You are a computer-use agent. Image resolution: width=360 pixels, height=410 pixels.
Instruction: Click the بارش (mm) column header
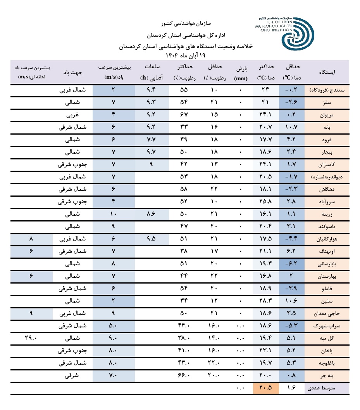pos(241,73)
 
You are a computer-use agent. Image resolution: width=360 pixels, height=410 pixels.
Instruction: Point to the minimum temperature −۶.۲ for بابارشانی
pos(292,264)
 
